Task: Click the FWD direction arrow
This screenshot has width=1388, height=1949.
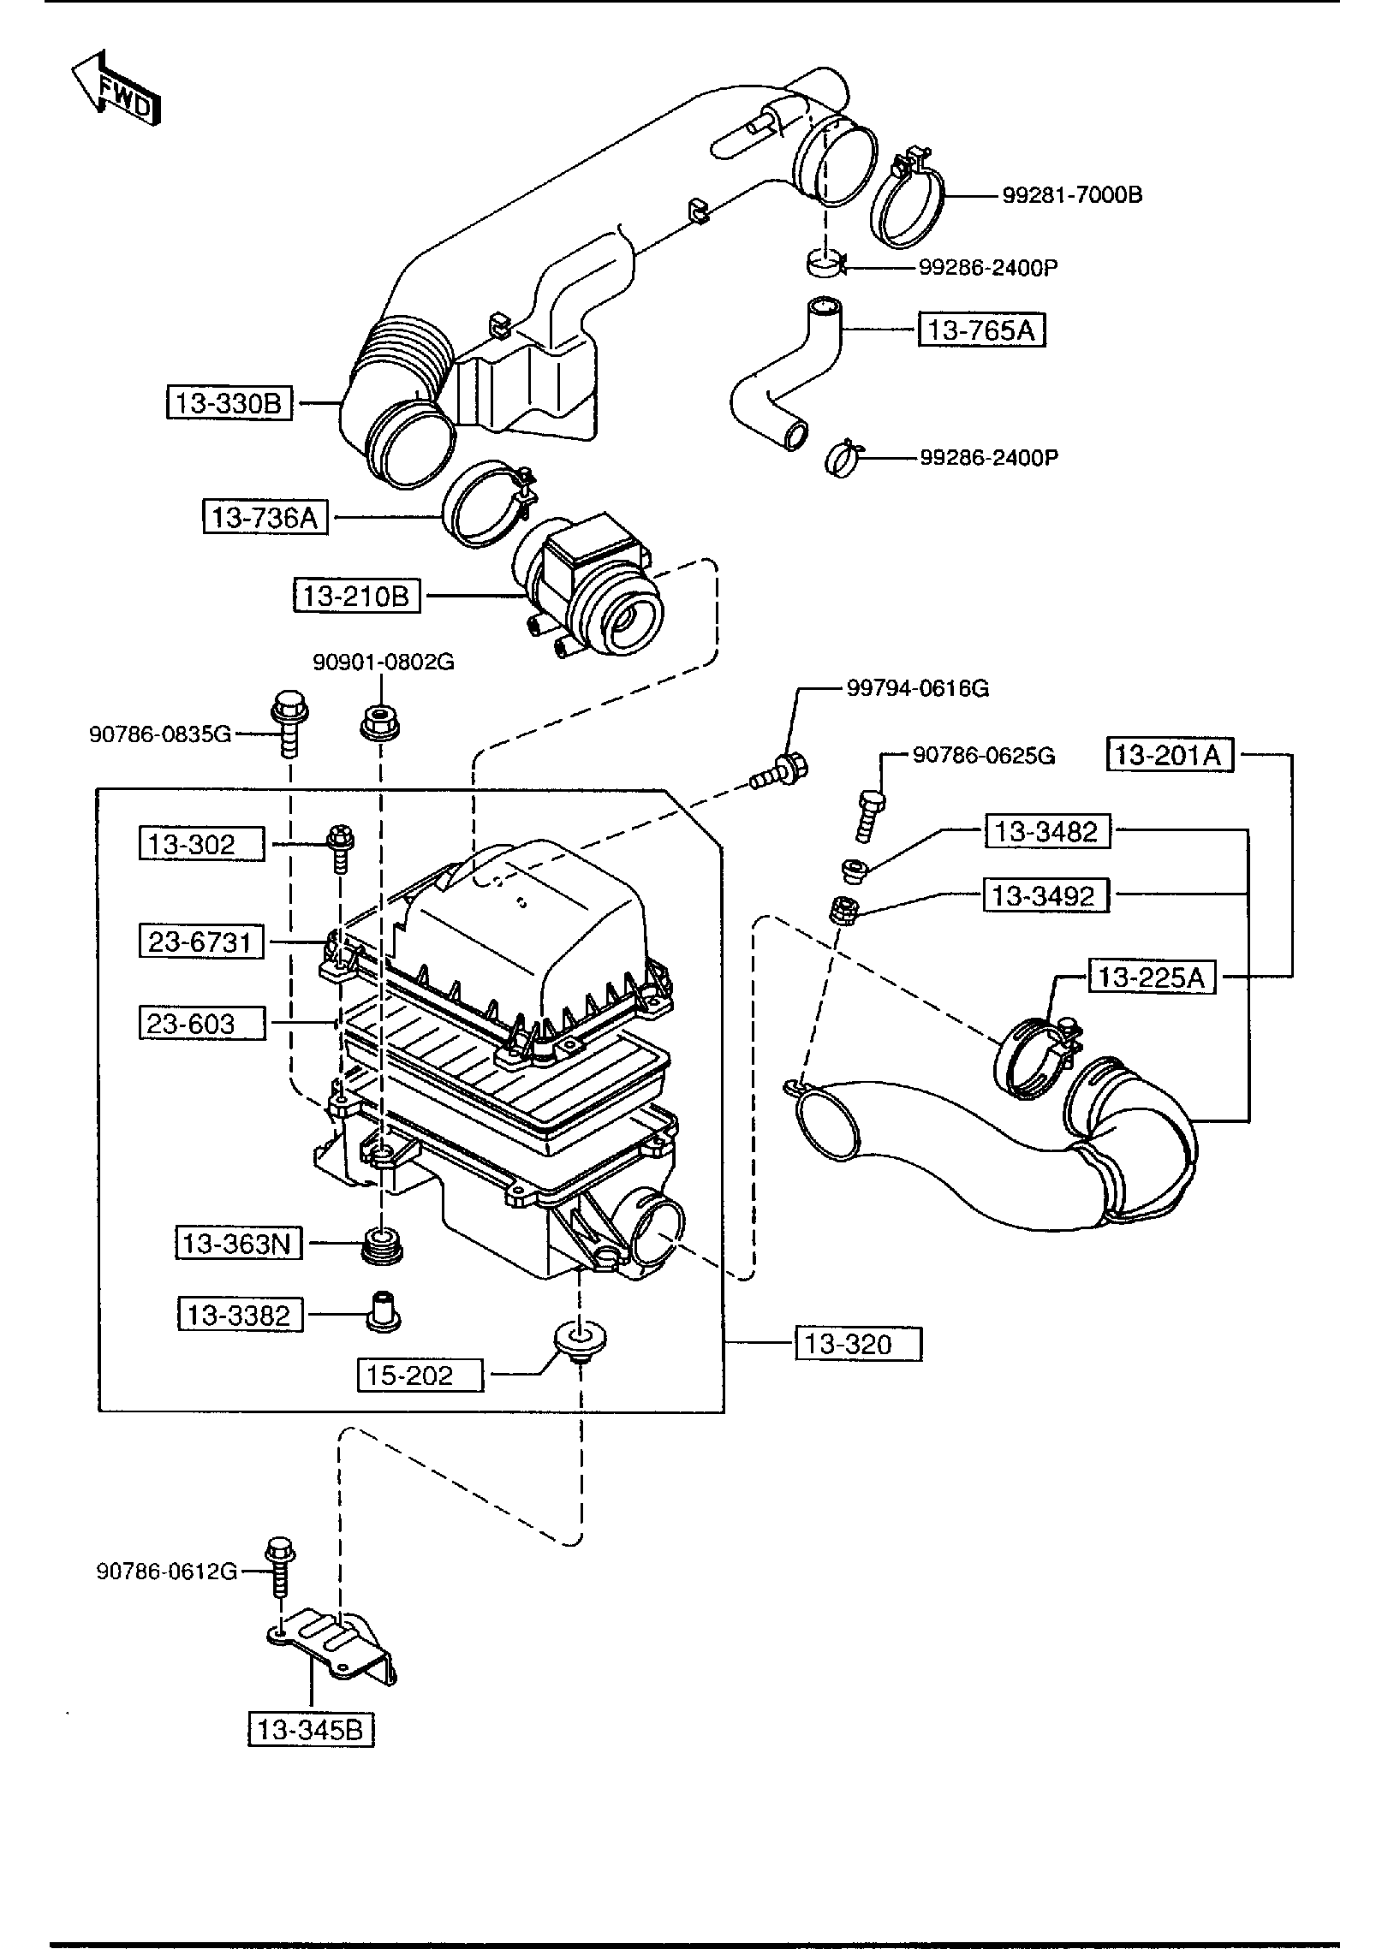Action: click(x=115, y=88)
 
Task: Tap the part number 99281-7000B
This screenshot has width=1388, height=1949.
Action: click(x=1072, y=195)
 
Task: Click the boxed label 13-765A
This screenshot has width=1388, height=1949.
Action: click(x=982, y=330)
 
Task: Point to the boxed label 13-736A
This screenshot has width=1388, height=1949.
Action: click(x=265, y=517)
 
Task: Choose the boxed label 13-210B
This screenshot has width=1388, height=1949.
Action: click(x=357, y=596)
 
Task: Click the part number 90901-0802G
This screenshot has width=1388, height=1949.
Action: click(x=383, y=662)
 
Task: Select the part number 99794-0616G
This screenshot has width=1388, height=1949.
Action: click(x=918, y=688)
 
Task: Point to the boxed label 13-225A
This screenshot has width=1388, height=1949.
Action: click(x=1152, y=977)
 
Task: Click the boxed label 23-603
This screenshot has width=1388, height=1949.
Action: click(x=202, y=1023)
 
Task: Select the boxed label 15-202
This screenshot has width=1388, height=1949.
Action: click(x=420, y=1376)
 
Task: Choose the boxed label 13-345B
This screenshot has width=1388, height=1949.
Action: click(x=312, y=1730)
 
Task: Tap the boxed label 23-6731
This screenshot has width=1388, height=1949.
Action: click(x=202, y=942)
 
